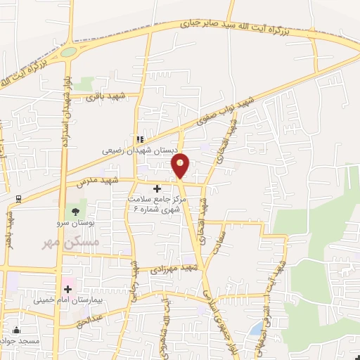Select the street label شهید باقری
[x=105, y=96]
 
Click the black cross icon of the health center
[x=156, y=188]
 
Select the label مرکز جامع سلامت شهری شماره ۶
[x=154, y=204]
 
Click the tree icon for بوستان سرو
[x=73, y=211]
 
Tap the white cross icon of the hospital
[x=68, y=288]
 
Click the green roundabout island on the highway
[x=68, y=52]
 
